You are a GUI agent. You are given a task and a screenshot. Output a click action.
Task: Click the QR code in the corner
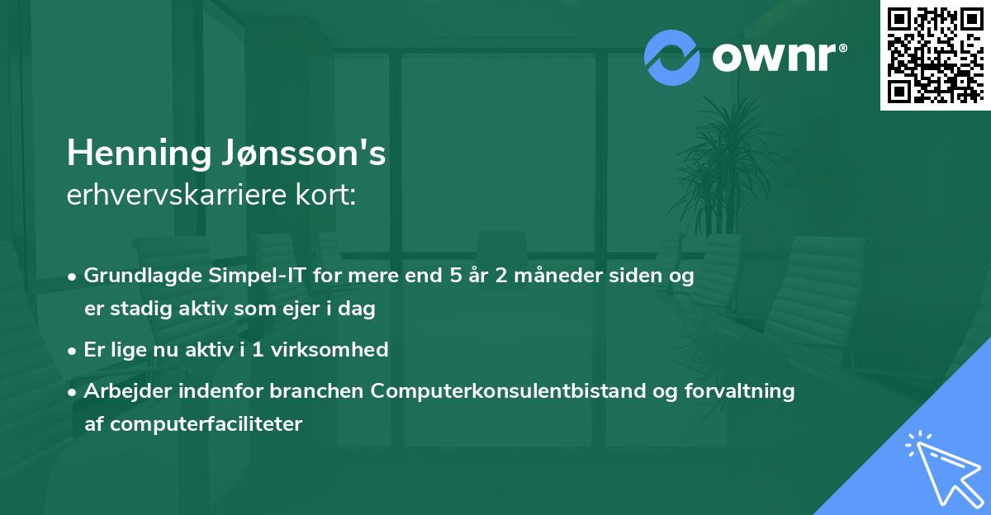(x=936, y=54)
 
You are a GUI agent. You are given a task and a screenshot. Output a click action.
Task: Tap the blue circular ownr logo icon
(x=672, y=58)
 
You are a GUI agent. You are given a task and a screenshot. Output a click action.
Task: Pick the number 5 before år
(x=455, y=276)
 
